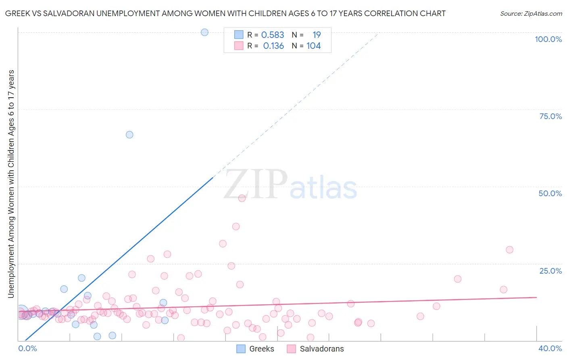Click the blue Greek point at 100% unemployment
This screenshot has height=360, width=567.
[204, 32]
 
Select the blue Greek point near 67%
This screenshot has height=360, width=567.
[129, 135]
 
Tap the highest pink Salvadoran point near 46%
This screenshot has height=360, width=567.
[242, 198]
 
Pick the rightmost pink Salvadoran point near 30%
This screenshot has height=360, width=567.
[509, 250]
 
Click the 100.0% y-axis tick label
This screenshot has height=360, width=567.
[548, 39]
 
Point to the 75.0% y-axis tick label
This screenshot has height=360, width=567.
[550, 116]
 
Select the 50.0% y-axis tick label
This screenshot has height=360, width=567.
[550, 193]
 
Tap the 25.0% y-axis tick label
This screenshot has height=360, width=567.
[550, 271]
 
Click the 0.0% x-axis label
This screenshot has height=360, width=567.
[27, 348]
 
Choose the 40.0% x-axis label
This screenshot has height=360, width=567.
[550, 348]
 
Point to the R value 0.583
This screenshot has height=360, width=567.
[273, 35]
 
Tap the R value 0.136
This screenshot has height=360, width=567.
[273, 46]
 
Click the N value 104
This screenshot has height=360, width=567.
[313, 46]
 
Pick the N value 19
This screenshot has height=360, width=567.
[317, 35]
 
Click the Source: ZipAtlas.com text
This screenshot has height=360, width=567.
[531, 13]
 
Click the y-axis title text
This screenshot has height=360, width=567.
[11, 184]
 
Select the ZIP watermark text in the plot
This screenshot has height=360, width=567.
[256, 184]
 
